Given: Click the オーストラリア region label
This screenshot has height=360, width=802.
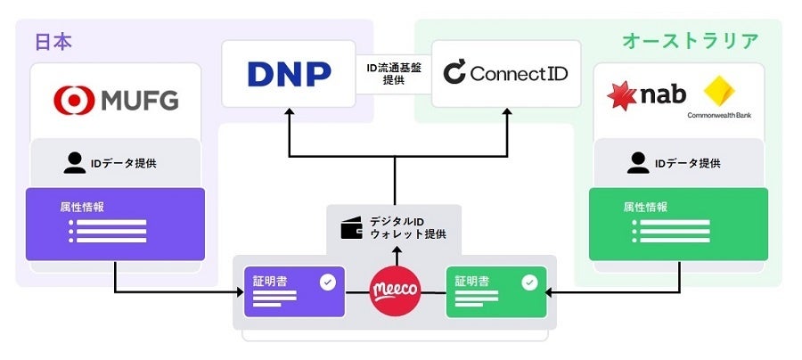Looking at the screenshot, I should point(690,41).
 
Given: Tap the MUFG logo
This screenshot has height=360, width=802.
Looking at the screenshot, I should point(116,99).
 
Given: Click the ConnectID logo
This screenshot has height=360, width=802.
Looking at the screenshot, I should point(505,73).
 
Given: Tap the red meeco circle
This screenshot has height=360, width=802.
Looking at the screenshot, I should point(395,291).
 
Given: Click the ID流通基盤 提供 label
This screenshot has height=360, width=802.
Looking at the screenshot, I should point(393,73).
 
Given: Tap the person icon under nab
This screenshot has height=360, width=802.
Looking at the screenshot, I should point(638,163).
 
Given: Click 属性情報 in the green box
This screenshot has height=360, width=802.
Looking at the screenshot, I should point(647,207).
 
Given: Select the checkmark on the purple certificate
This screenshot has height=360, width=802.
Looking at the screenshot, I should point(327,282).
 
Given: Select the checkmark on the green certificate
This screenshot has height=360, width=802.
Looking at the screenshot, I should point(529,282).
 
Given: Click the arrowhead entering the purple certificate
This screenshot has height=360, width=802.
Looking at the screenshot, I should point(238,291).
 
